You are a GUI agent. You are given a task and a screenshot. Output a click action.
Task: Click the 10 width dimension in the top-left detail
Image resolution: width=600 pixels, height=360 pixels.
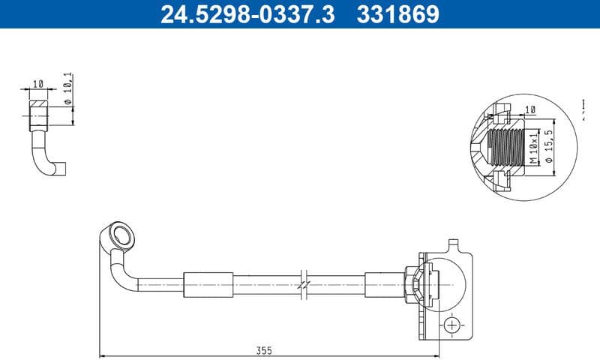click(38, 83)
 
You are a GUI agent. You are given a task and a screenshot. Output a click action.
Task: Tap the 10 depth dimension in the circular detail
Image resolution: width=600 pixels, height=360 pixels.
click(530, 110)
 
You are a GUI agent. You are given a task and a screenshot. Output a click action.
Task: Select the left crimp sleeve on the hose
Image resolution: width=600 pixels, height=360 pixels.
click(204, 283)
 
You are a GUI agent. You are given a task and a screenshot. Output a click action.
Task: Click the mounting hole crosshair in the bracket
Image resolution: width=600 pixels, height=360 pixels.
click(451, 325)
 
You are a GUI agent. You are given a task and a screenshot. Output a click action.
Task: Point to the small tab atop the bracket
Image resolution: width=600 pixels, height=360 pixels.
click(452, 244)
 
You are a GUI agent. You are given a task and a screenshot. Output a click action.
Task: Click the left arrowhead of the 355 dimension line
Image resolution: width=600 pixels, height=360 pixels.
click(103, 355)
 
